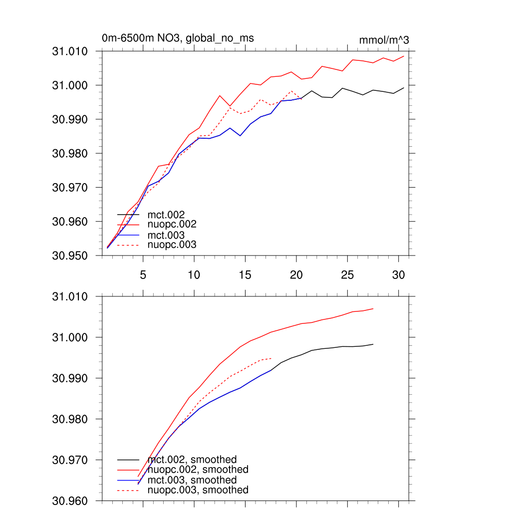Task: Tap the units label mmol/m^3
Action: click(384, 40)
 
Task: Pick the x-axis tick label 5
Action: click(143, 275)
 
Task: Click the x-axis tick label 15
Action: click(245, 275)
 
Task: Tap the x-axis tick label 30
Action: click(398, 275)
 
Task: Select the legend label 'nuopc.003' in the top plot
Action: click(172, 245)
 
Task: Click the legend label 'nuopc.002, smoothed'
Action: click(198, 470)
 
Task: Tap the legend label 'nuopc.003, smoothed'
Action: click(198, 490)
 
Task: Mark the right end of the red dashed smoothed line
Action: click(271, 358)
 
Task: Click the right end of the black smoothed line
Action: click(373, 344)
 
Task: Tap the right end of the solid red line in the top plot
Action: click(404, 56)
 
